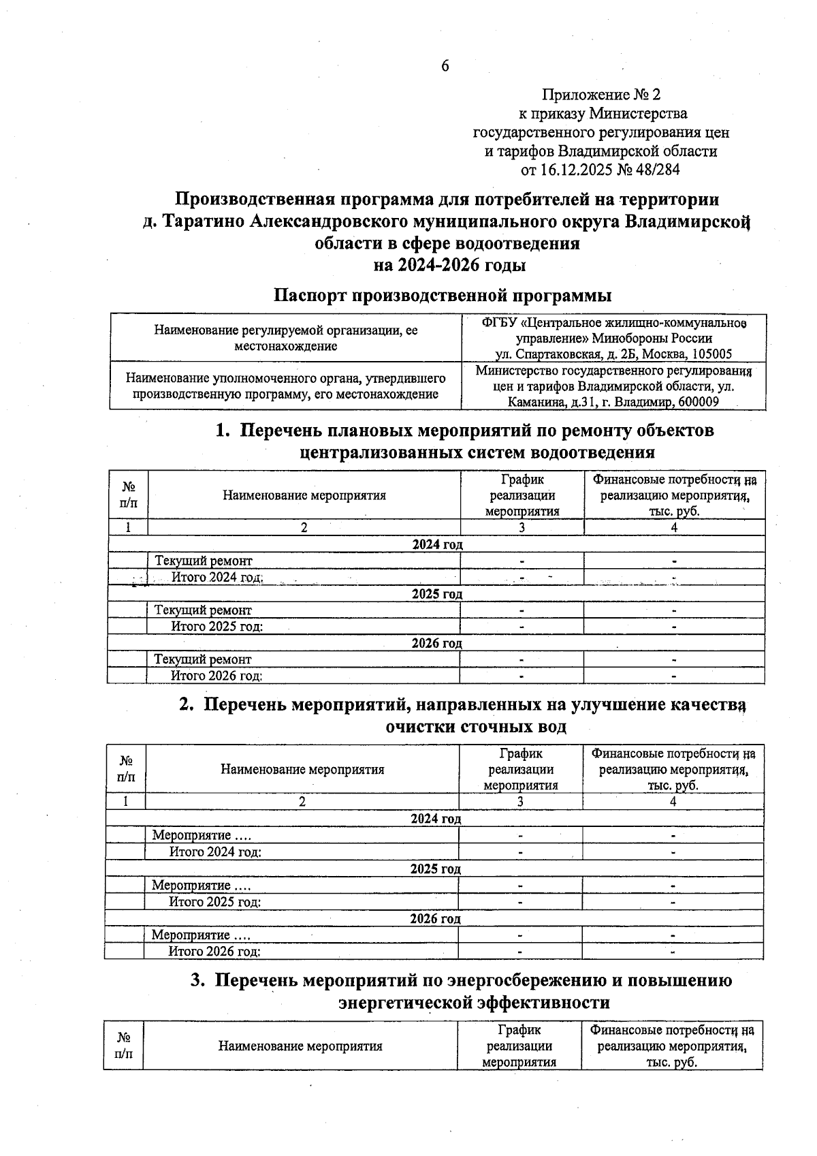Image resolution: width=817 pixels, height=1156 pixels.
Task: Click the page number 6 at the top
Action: click(445, 66)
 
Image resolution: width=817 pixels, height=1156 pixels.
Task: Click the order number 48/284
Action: click(657, 170)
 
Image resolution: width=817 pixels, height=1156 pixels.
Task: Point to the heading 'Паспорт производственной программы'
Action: click(443, 296)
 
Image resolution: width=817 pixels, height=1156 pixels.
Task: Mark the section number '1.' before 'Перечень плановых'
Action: click(222, 431)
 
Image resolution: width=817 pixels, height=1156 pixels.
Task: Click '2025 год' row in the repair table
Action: click(436, 594)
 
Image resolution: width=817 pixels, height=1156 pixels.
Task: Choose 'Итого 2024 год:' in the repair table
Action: click(217, 578)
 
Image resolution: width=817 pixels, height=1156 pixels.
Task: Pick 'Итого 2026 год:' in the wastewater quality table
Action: click(214, 952)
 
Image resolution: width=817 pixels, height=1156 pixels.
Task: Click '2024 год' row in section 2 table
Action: click(436, 819)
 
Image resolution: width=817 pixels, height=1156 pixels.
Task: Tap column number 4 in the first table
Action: click(674, 527)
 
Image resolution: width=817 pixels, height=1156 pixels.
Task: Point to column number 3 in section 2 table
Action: click(520, 802)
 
